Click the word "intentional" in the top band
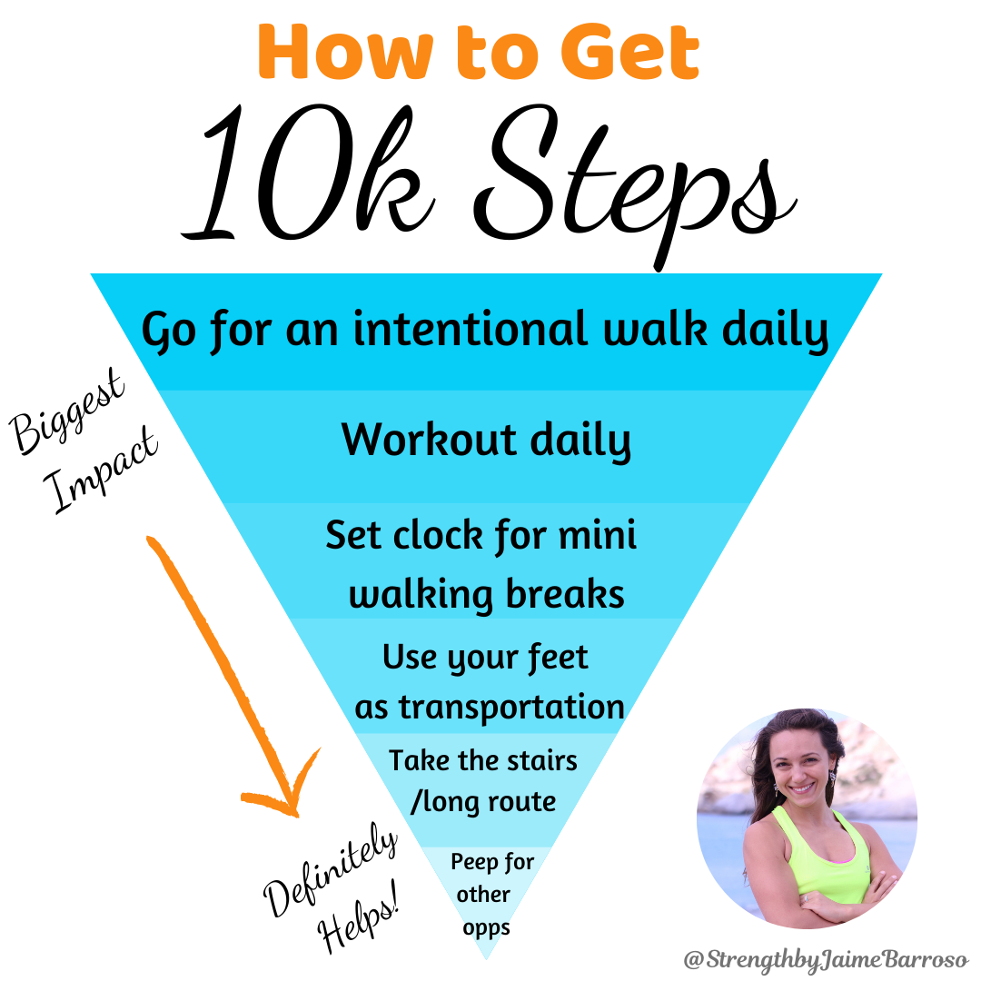pyautogui.click(x=471, y=329)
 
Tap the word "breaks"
pyautogui.click(x=566, y=594)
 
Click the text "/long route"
pyautogui.click(x=482, y=802)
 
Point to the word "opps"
pyautogui.click(x=485, y=927)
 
